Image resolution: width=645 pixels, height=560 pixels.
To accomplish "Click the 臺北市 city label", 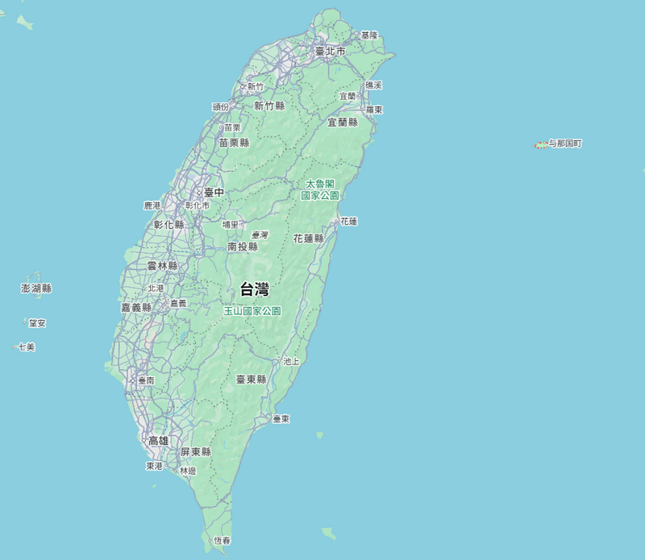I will pyautogui.click(x=331, y=51).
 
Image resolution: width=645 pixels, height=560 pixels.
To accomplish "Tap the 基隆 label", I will pyautogui.click(x=369, y=35).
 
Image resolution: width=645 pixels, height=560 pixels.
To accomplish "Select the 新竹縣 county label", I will pyautogui.click(x=269, y=106).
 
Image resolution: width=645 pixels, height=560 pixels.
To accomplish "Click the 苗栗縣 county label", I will pyautogui.click(x=234, y=143).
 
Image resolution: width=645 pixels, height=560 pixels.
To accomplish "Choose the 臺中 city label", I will pyautogui.click(x=214, y=193).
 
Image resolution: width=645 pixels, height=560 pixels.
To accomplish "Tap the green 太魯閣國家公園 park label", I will pyautogui.click(x=320, y=189).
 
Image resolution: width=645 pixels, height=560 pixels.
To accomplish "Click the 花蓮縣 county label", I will pyautogui.click(x=308, y=239).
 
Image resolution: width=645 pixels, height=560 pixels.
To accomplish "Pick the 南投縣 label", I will pyautogui.click(x=243, y=247).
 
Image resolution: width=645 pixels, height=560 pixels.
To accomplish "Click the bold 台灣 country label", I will pyautogui.click(x=255, y=289).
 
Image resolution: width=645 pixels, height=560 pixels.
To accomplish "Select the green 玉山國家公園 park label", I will pyautogui.click(x=252, y=310).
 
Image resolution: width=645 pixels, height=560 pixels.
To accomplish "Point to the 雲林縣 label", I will pyautogui.click(x=162, y=266).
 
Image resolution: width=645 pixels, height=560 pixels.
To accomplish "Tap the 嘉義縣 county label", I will pyautogui.click(x=136, y=308).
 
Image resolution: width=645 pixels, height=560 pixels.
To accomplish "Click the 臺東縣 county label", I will pyautogui.click(x=251, y=379).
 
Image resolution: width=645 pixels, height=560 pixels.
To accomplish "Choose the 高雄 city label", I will pyautogui.click(x=159, y=441).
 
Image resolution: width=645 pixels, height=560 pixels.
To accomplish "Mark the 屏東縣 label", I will pyautogui.click(x=196, y=452).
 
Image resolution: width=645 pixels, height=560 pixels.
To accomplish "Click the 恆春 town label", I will pyautogui.click(x=223, y=541).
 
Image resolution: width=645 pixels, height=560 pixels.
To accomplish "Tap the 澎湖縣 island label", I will pyautogui.click(x=36, y=288).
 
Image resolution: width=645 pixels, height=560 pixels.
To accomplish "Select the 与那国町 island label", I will pyautogui.click(x=565, y=143).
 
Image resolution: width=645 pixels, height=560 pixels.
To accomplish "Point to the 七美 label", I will pyautogui.click(x=27, y=347).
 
